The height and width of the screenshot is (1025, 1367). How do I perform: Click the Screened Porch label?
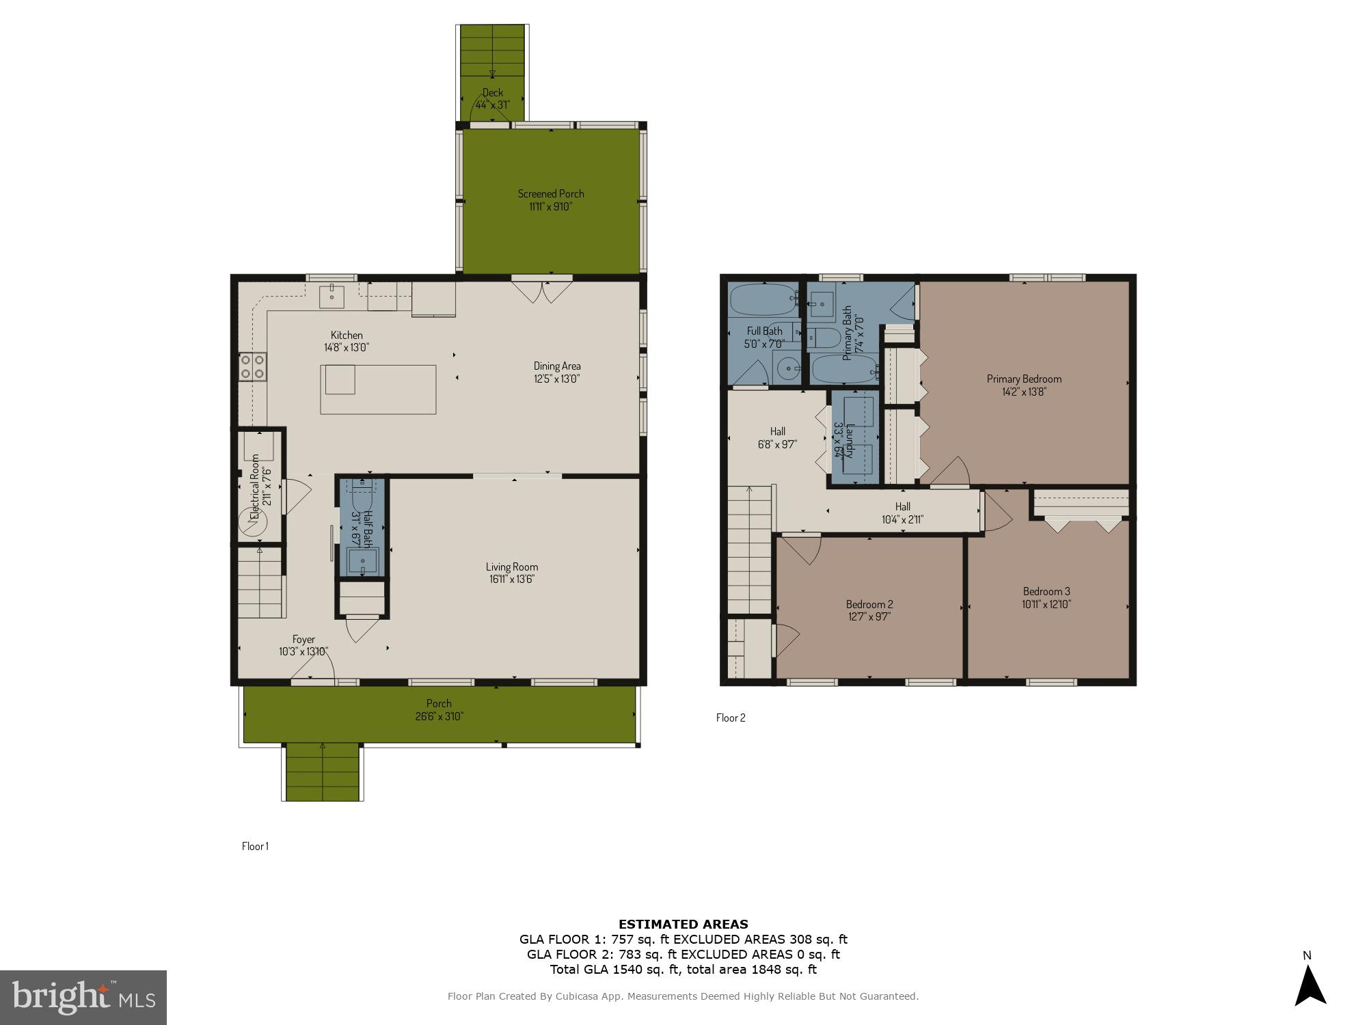pos(551,193)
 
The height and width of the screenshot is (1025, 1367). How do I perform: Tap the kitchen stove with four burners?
pos(252,366)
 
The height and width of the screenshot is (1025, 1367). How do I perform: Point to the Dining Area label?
pos(556,366)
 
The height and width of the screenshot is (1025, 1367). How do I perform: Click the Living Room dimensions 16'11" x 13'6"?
pos(511,579)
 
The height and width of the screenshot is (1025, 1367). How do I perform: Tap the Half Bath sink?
pos(362,562)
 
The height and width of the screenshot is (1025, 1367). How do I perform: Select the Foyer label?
pos(303,640)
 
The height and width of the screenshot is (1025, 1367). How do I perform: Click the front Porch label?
pos(439,703)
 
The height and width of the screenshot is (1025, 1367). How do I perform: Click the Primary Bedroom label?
pos(1023,379)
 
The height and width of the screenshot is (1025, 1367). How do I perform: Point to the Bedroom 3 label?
pos(1046,591)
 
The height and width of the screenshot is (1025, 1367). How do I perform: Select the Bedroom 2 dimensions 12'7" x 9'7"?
pos(869,616)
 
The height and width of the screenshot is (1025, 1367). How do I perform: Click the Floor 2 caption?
pos(731,717)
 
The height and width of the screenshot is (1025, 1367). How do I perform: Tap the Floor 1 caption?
pos(255,846)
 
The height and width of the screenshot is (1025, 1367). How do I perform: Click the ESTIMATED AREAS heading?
pos(683,924)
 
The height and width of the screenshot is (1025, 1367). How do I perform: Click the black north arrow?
pos(1310,987)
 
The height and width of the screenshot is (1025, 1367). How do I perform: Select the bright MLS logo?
pos(83,997)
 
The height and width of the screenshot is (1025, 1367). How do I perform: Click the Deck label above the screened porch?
pos(492,92)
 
